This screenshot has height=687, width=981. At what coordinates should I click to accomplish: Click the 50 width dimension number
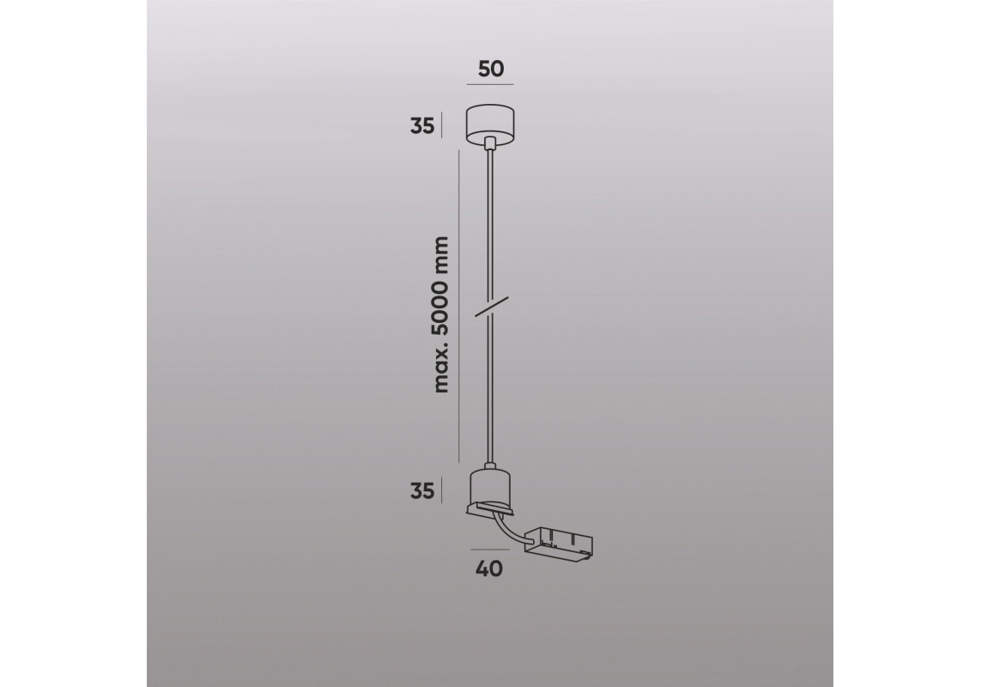[491, 68]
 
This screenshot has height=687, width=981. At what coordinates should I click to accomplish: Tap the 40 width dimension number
[489, 568]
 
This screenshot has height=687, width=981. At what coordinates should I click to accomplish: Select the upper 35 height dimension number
[422, 126]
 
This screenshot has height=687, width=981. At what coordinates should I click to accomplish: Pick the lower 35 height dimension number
[422, 491]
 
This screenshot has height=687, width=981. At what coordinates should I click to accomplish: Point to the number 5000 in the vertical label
[441, 311]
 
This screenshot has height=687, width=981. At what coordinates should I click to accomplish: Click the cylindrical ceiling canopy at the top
[491, 123]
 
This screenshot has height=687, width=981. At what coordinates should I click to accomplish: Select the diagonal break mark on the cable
[492, 307]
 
